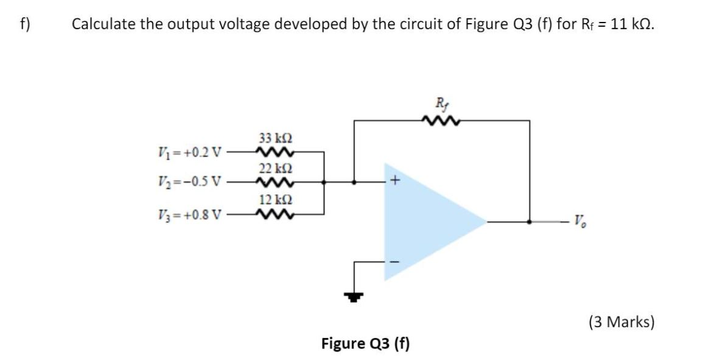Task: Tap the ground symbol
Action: point(352,297)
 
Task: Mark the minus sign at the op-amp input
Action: point(396,262)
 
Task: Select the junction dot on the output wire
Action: point(530,222)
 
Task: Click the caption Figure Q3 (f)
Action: point(365,344)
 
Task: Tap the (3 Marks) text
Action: point(621,321)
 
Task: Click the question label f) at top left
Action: point(24,24)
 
